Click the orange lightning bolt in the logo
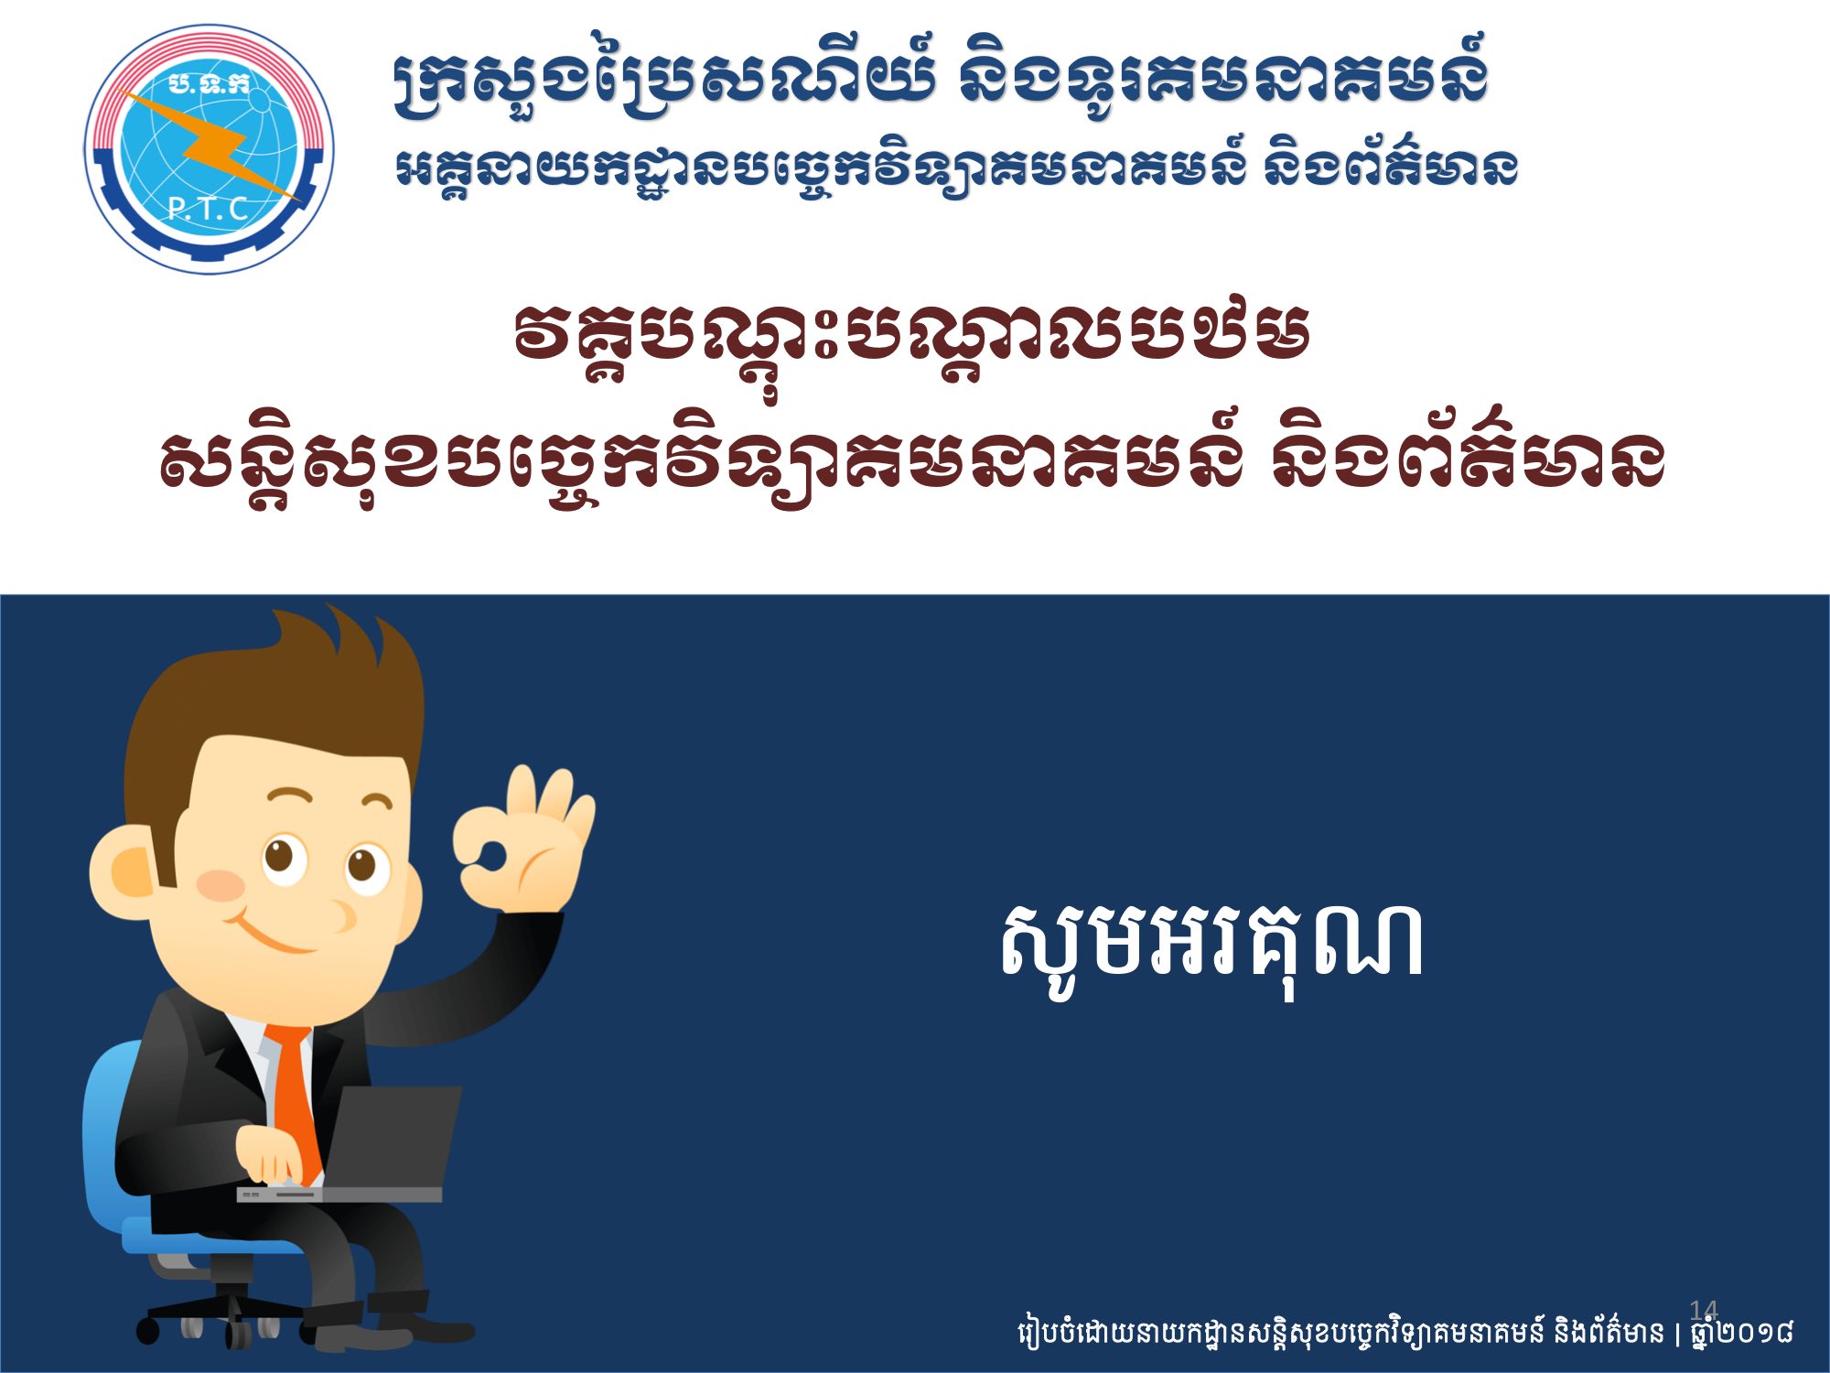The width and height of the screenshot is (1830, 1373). point(215,146)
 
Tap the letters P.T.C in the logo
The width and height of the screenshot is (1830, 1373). point(209,210)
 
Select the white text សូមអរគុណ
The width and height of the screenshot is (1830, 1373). point(1211,948)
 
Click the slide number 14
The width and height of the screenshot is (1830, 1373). point(1704,1309)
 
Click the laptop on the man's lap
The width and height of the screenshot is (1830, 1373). point(366,1144)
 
